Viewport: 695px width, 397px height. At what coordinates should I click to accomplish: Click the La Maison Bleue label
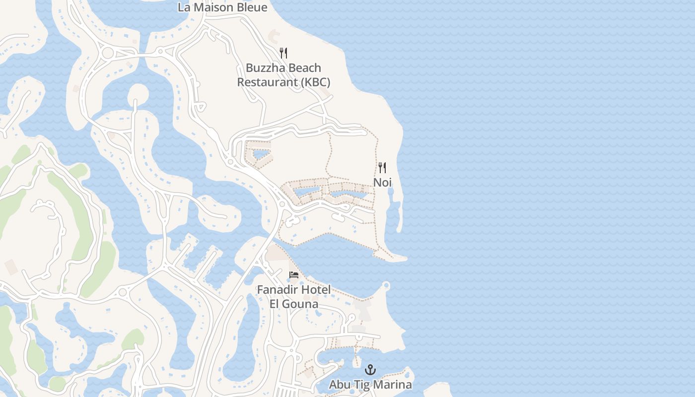click(222, 7)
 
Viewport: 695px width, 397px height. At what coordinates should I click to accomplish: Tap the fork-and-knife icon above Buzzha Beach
click(283, 53)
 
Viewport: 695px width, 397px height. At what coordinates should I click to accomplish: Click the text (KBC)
click(315, 82)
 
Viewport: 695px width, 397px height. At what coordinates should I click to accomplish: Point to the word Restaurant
click(267, 82)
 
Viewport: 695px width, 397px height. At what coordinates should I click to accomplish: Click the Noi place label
click(382, 182)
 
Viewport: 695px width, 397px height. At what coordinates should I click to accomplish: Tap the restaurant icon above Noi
click(382, 168)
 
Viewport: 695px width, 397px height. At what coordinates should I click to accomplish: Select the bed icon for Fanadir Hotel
click(294, 275)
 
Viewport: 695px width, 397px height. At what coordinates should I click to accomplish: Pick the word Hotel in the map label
click(315, 289)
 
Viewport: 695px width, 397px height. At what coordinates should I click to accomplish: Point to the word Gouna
click(301, 303)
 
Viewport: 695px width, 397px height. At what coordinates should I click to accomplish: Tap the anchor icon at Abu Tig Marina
click(370, 370)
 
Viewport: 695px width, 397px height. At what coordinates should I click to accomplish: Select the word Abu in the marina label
click(339, 385)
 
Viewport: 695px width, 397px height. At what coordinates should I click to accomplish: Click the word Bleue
click(251, 7)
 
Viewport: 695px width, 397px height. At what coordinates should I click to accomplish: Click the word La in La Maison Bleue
click(184, 7)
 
